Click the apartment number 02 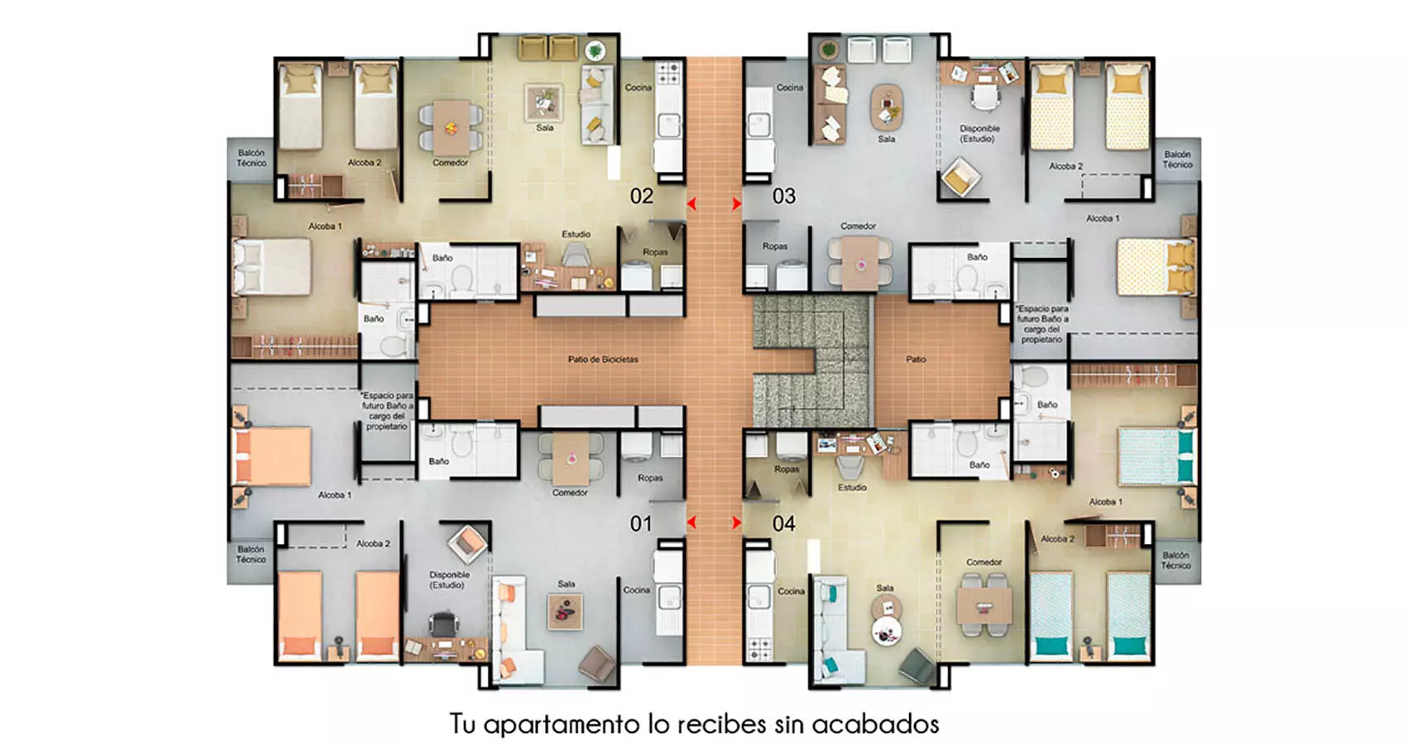pyautogui.click(x=641, y=197)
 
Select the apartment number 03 pyautogui.click(x=784, y=197)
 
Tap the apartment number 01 pyautogui.click(x=641, y=523)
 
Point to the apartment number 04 pyautogui.click(x=784, y=523)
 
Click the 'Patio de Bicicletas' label pyautogui.click(x=603, y=360)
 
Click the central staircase pyautogui.click(x=811, y=361)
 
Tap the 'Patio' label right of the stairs pyautogui.click(x=916, y=360)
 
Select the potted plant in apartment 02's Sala pyautogui.click(x=594, y=51)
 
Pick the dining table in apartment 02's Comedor pyautogui.click(x=451, y=128)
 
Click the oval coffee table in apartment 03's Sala pyautogui.click(x=886, y=107)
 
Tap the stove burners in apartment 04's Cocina pyautogui.click(x=759, y=649)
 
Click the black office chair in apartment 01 pyautogui.click(x=443, y=623)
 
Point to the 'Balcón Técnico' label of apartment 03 pyautogui.click(x=1177, y=160)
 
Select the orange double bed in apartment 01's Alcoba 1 pyautogui.click(x=271, y=456)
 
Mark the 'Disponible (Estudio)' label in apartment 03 pyautogui.click(x=979, y=134)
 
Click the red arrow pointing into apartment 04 pyautogui.click(x=736, y=523)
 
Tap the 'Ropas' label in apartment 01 pyautogui.click(x=650, y=478)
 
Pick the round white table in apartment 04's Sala pyautogui.click(x=886, y=631)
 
